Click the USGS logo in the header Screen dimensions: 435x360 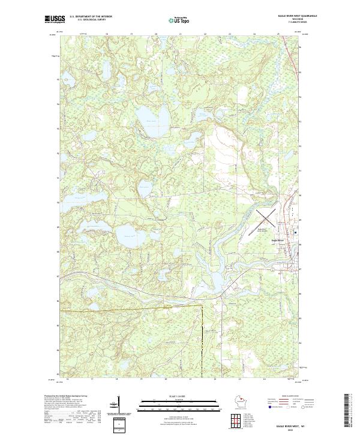pyautogui.click(x=54, y=19)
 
